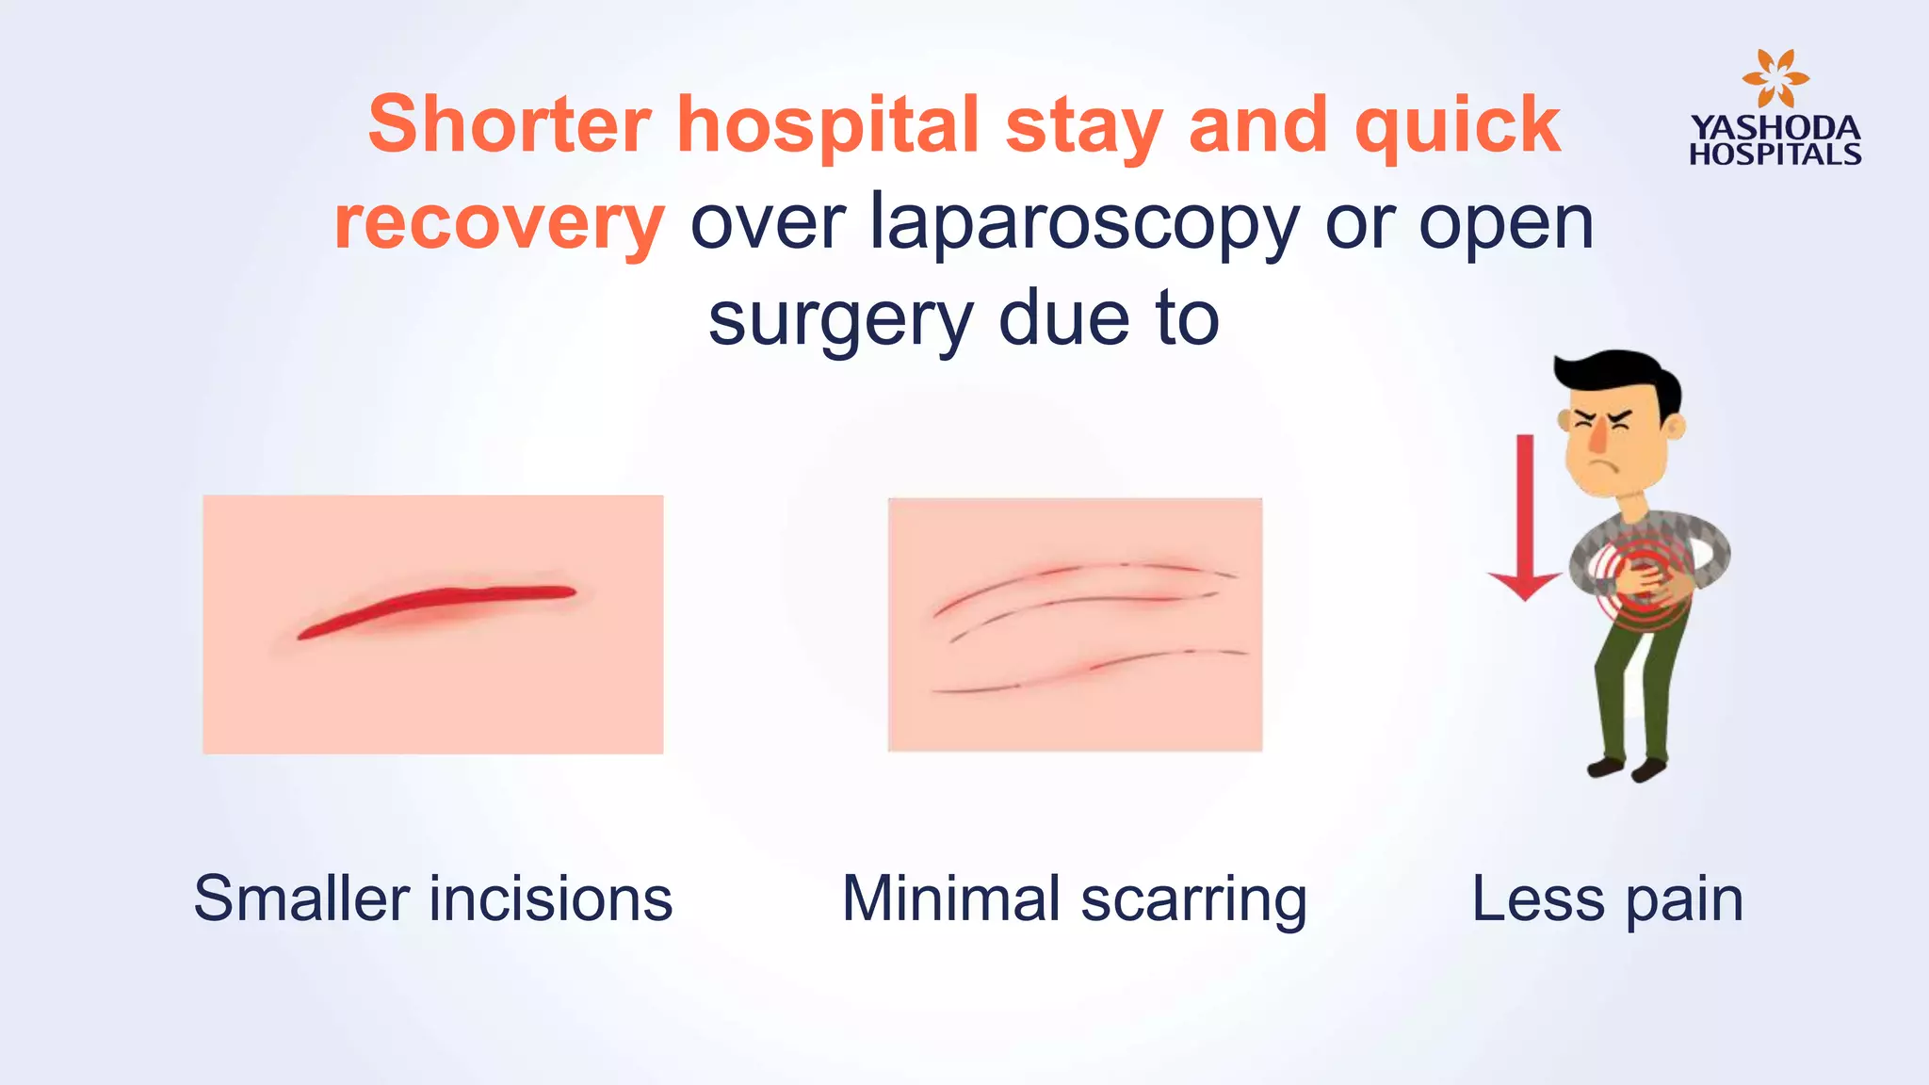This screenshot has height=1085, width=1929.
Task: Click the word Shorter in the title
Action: click(x=509, y=124)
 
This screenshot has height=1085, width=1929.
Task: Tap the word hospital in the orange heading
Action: click(x=828, y=126)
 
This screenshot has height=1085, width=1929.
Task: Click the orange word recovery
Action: click(x=499, y=224)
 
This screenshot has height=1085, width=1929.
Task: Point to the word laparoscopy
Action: click(x=1083, y=224)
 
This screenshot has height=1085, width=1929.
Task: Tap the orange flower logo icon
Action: click(x=1775, y=78)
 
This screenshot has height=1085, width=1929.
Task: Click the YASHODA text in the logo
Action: click(x=1775, y=127)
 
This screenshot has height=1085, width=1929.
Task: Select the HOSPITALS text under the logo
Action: click(x=1775, y=154)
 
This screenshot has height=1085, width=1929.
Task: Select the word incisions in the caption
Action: click(x=551, y=899)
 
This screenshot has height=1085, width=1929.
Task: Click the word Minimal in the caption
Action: click(x=951, y=899)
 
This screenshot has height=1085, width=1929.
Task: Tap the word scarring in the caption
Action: click(x=1193, y=900)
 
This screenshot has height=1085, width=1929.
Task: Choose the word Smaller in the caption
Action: click(x=305, y=899)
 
